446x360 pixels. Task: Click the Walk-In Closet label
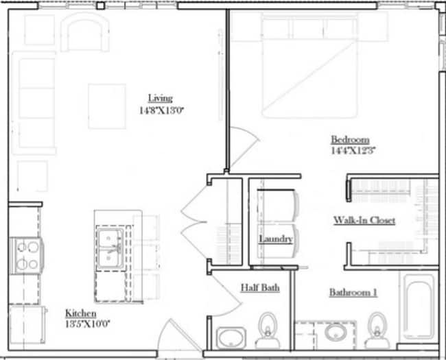(x=364, y=220)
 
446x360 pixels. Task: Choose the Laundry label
(x=276, y=239)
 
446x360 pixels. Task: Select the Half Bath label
(x=259, y=288)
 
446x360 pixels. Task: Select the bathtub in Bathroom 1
(x=418, y=307)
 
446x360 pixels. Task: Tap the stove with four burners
(x=26, y=255)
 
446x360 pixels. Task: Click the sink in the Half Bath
(x=231, y=337)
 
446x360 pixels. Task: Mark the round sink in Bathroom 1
(x=336, y=333)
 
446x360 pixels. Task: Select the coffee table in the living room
(x=106, y=106)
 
